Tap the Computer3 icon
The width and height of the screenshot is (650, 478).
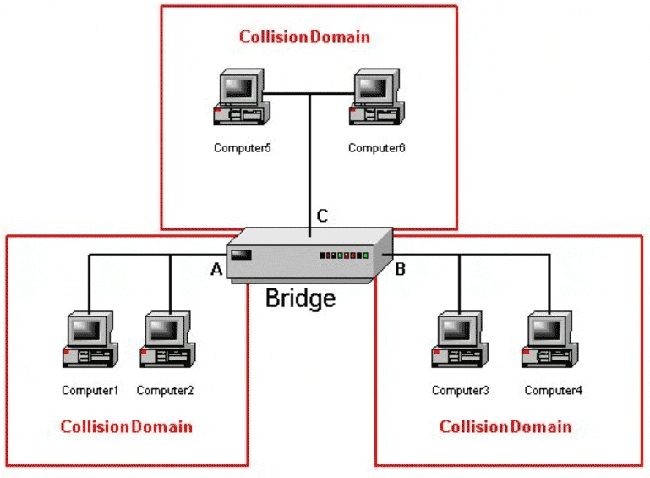[x=457, y=341]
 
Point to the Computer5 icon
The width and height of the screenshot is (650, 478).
[x=240, y=98]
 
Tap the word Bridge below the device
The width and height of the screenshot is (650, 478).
[x=300, y=298]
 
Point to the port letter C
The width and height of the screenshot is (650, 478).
[x=322, y=216]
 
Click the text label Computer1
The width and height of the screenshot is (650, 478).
[x=90, y=391]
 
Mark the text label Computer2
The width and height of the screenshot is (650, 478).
[x=165, y=391]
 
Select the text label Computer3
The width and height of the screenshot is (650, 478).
[x=461, y=391]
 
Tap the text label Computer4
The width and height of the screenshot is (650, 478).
[x=553, y=391]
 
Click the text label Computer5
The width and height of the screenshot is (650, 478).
[x=242, y=148]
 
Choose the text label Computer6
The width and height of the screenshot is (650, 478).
[x=377, y=148]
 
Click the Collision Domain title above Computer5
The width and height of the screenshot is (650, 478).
[x=304, y=37]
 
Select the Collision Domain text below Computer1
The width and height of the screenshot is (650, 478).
[x=127, y=426]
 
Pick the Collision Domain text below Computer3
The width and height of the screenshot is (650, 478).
[x=505, y=426]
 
